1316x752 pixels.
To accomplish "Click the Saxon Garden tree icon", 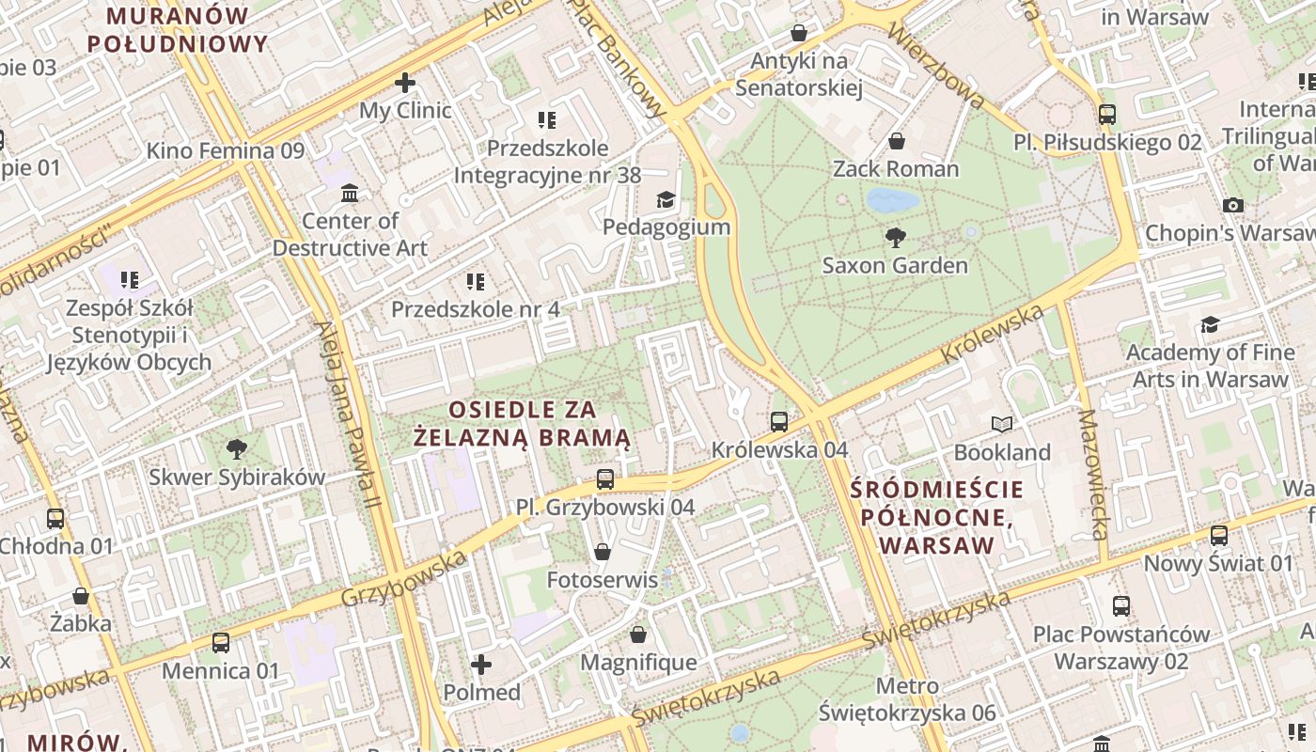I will tap(896, 237).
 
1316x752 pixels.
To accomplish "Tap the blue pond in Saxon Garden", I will tap(892, 200).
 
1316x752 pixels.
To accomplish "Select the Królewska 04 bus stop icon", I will tap(779, 422).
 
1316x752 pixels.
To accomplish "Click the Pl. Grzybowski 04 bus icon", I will tap(605, 479).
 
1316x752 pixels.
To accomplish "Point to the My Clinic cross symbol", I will tap(405, 83).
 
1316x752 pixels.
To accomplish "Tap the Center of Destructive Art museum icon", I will tap(350, 193).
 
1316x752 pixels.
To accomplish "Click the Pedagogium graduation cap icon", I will tap(666, 199).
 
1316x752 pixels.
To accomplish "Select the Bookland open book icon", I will tap(1002, 425).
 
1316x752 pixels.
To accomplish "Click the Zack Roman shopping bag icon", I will tap(897, 141).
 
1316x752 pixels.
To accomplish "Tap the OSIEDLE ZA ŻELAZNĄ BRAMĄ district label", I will tap(523, 424).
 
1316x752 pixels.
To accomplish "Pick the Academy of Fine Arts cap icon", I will tap(1210, 325).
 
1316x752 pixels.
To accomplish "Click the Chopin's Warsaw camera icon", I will tap(1233, 205).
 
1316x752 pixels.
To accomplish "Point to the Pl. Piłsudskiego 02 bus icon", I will tap(1107, 115).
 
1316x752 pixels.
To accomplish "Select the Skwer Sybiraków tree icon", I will tap(237, 448).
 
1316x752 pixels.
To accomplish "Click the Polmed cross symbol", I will tap(481, 665).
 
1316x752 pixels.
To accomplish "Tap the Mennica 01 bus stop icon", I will tap(221, 643).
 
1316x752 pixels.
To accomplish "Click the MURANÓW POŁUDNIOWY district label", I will tap(178, 29).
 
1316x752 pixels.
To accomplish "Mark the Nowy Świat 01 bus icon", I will tap(1219, 536).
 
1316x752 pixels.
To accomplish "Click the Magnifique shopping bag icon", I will tap(638, 634).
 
